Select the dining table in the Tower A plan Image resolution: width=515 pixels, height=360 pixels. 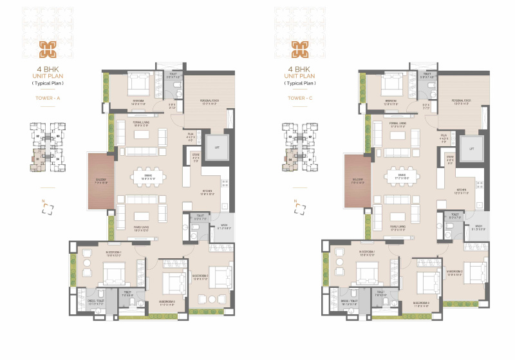[x=148, y=176]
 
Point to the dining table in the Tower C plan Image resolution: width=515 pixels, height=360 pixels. [x=404, y=176]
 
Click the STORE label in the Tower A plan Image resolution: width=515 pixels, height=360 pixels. [x=195, y=155]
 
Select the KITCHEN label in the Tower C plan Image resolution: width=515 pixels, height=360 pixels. [x=462, y=190]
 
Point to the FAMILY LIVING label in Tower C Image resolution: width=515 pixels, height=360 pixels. [x=397, y=227]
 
